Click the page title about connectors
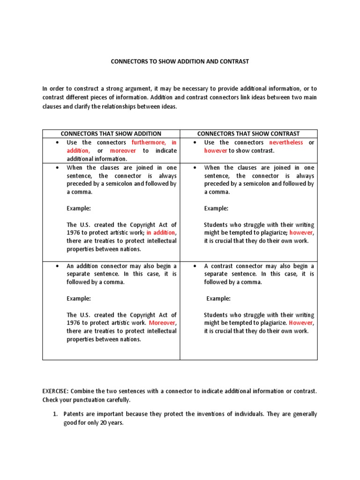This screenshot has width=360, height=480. point(180,61)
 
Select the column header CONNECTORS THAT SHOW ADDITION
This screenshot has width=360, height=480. point(111,134)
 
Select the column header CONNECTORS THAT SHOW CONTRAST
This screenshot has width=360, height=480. point(248,134)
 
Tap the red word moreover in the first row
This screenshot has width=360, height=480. point(123,151)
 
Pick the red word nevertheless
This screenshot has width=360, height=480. point(286,142)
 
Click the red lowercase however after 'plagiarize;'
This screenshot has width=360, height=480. point(302,232)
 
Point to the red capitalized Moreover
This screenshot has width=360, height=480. point(163,323)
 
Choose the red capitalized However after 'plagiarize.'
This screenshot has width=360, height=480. point(301,323)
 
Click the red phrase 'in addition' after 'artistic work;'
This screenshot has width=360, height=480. point(161,232)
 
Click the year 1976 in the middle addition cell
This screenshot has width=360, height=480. point(74,232)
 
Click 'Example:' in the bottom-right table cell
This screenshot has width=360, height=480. point(219,299)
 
